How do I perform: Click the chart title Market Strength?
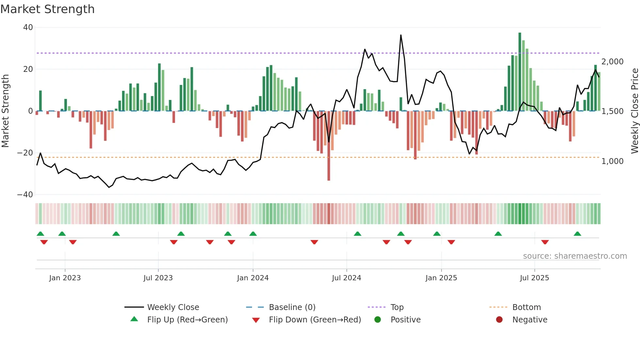point(47,9)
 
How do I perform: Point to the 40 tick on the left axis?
point(28,27)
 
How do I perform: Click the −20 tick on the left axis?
point(25,153)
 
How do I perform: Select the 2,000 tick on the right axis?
point(612,62)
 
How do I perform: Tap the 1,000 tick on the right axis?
point(612,161)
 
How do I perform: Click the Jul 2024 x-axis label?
point(346,278)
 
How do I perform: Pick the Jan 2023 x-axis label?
point(65,278)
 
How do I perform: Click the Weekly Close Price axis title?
point(634,111)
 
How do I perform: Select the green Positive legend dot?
point(378,320)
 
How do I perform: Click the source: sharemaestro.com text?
point(575,256)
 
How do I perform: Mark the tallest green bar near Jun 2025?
point(520,72)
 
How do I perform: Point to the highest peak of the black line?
point(401,35)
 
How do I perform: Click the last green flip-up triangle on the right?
point(577,234)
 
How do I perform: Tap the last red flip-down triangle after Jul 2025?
point(545,242)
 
